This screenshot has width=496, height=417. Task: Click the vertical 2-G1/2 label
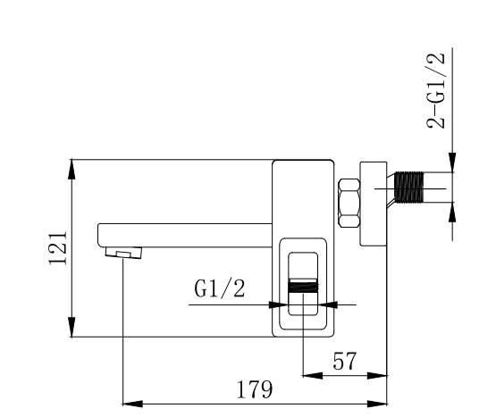coord(436,89)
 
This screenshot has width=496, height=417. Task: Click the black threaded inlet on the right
coord(409,189)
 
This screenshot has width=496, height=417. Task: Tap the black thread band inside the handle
coord(303,288)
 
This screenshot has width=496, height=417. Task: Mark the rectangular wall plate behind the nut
coord(373,204)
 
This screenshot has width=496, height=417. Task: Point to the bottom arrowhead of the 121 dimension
coord(71,329)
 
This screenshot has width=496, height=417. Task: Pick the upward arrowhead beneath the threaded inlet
coord(453,210)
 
